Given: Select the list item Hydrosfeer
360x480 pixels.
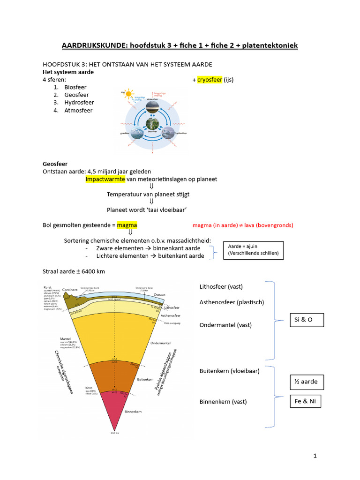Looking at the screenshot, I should (x=79, y=103).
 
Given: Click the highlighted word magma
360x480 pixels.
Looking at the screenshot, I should (x=127, y=225).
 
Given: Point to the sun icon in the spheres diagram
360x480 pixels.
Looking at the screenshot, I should (x=128, y=93).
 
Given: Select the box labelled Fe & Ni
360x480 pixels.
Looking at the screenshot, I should (x=305, y=402).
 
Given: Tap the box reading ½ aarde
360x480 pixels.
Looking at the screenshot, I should (x=306, y=382).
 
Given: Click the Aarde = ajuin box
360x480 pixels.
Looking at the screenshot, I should (x=253, y=249).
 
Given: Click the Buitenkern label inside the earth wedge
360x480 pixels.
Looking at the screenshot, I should (x=143, y=379).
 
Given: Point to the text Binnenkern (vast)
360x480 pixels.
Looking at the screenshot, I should (x=223, y=402).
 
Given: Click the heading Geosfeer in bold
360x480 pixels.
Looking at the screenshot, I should (x=55, y=164).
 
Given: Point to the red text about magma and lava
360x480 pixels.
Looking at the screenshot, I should (x=243, y=225).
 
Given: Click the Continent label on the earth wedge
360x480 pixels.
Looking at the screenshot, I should (x=70, y=290).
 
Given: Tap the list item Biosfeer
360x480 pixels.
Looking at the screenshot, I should (x=75, y=87).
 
